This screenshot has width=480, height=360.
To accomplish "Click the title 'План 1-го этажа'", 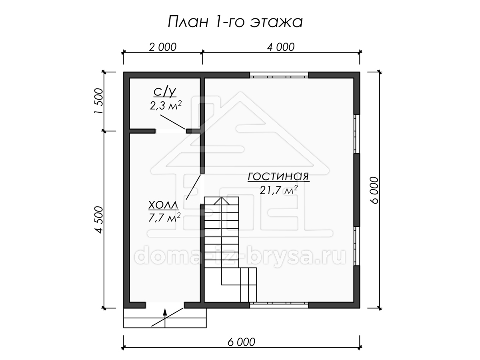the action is click(235, 22).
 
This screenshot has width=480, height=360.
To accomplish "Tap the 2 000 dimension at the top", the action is click(162, 47).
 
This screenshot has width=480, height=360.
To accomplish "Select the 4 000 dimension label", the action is click(281, 47).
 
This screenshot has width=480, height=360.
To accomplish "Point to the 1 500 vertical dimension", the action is click(98, 101).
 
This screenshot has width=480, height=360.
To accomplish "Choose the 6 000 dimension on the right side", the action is click(374, 190).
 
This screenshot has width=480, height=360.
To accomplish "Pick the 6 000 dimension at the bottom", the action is click(241, 342).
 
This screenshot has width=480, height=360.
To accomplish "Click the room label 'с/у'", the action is click(165, 92).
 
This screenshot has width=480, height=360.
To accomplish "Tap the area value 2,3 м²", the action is click(166, 106).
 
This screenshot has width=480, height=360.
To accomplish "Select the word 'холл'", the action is click(164, 206).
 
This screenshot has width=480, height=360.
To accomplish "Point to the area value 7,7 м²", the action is click(164, 218).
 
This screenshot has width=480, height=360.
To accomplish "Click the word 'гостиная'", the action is click(278, 176).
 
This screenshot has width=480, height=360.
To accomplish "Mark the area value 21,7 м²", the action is click(278, 190).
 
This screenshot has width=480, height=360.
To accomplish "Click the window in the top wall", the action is click(279, 75).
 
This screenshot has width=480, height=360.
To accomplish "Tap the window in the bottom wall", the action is click(279, 305).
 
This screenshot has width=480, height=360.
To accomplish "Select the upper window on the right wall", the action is click(357, 134).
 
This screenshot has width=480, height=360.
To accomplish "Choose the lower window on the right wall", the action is click(357, 246).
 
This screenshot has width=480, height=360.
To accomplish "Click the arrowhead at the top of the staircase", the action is click(222, 201).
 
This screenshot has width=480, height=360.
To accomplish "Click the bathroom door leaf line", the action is click(173, 122).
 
